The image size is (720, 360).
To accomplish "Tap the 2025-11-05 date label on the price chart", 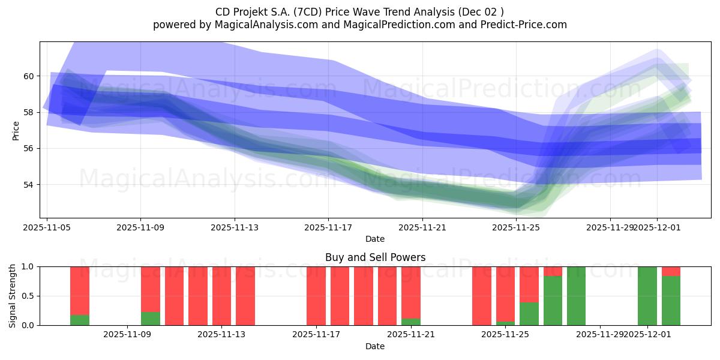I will click(x=47, y=228).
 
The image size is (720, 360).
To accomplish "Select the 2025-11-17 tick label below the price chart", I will click(x=328, y=228).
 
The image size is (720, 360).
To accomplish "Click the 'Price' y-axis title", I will click(x=16, y=131).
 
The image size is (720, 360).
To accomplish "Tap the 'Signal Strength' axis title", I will click(x=13, y=296).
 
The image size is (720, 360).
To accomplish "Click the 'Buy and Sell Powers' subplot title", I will click(x=375, y=257).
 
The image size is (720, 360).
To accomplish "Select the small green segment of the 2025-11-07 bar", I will click(x=80, y=320).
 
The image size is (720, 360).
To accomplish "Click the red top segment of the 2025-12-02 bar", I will click(x=671, y=271).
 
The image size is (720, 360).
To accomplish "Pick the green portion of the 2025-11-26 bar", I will click(x=529, y=314).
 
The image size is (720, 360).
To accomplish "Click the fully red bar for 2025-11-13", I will click(x=221, y=296).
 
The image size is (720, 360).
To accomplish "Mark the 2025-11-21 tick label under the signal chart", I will click(x=410, y=335).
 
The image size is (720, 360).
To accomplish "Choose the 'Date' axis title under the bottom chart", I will click(x=375, y=346).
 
